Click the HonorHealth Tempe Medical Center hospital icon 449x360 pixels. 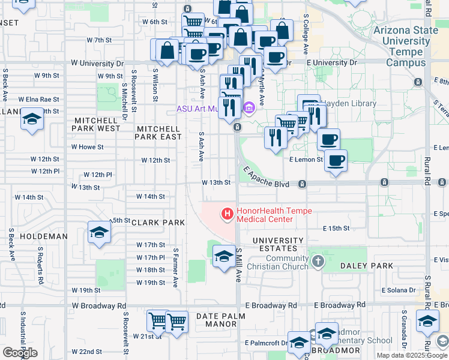(228, 213)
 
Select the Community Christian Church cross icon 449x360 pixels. (318, 261)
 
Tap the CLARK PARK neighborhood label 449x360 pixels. (158, 223)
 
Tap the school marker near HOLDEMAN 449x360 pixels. (99, 232)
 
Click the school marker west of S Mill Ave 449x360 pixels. (224, 256)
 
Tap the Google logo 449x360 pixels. (20, 353)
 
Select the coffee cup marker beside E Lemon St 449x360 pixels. (336, 161)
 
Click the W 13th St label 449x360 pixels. (216, 182)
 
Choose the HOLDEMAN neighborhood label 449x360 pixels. (44, 236)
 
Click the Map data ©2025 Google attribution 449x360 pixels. (412, 355)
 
